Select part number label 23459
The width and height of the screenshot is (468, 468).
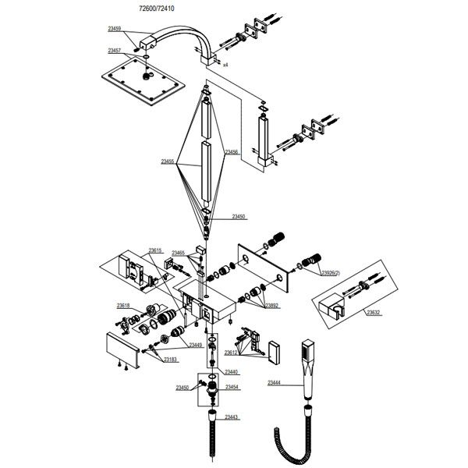115,29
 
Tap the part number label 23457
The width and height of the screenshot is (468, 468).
115,51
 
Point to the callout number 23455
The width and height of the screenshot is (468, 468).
168,161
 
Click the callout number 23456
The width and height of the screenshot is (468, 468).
232,152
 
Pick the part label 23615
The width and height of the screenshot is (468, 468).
155,250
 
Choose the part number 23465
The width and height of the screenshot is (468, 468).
179,253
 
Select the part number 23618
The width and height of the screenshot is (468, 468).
123,305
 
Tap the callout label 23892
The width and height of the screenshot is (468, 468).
271,306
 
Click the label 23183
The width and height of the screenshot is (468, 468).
169,360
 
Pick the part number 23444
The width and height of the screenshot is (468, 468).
275,383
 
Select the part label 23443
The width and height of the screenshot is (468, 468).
232,417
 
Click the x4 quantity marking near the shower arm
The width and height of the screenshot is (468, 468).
225,65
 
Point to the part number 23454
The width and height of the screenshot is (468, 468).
232,387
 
